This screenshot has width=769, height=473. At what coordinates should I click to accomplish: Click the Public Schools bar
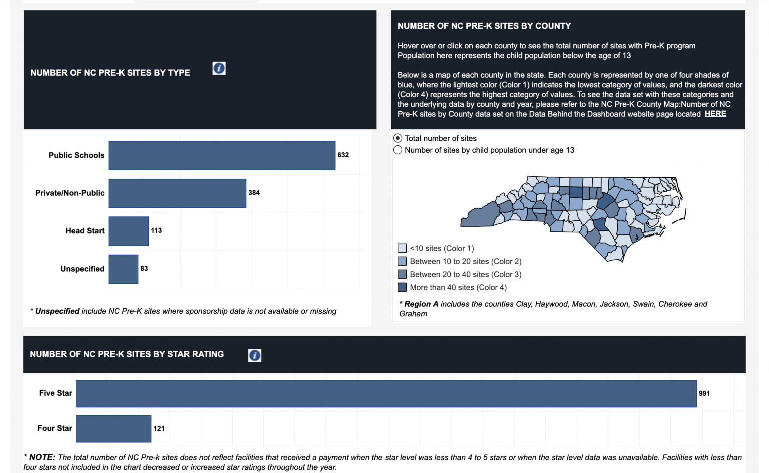(222, 155)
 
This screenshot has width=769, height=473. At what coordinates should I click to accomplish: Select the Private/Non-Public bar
(177, 193)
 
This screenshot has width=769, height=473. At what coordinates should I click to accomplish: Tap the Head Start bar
(128, 231)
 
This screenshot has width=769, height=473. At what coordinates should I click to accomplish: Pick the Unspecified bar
(123, 269)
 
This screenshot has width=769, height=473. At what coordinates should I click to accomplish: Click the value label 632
(343, 155)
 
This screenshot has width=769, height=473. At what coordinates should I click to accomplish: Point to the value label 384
(254, 193)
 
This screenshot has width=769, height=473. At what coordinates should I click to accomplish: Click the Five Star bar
(386, 394)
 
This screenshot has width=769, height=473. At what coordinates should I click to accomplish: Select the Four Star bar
(113, 429)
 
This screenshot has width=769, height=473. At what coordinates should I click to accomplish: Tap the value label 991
(704, 393)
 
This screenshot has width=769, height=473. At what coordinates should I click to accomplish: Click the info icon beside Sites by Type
(219, 68)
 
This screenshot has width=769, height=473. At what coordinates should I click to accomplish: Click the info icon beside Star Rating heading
(255, 355)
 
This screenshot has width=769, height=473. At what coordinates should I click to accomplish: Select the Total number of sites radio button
(398, 138)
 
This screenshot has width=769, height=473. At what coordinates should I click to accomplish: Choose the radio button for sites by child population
(398, 150)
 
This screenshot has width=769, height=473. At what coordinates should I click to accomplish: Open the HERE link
(715, 114)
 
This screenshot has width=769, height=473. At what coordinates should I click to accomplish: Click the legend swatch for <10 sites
(402, 248)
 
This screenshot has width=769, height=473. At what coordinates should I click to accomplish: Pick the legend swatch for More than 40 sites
(402, 287)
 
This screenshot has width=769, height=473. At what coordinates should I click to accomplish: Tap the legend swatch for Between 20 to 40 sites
(402, 274)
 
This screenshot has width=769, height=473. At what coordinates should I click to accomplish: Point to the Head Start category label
(85, 231)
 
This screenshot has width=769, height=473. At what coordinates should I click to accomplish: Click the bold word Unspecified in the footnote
(57, 311)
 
